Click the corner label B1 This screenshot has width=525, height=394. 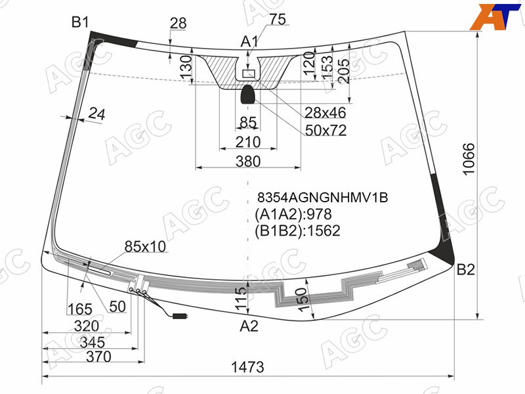(80, 22)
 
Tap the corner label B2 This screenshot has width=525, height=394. (466, 269)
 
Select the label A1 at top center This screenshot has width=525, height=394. (249, 42)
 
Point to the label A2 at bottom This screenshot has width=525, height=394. (249, 326)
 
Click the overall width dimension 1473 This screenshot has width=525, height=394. (248, 367)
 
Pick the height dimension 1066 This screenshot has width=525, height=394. (469, 158)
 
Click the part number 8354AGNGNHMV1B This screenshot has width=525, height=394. (322, 198)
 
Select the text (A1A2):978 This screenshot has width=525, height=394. (293, 214)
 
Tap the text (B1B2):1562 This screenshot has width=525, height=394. (297, 231)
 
